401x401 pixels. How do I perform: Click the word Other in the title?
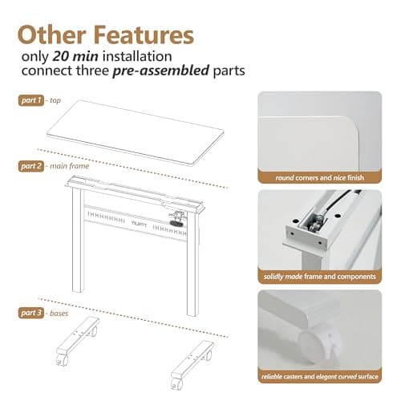click(51, 35)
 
